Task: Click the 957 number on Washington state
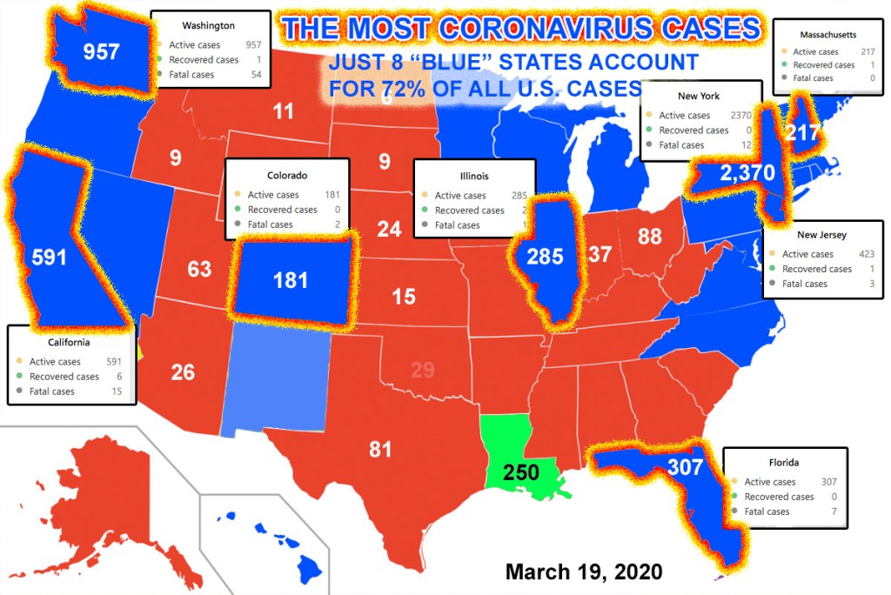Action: tap(101, 52)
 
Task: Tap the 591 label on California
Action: tap(49, 258)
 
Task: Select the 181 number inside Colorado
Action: tap(290, 280)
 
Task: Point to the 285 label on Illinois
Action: tap(546, 257)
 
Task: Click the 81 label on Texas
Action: tap(380, 450)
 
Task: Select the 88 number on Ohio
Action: tap(649, 236)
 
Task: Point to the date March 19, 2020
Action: tap(584, 572)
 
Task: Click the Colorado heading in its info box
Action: tap(287, 174)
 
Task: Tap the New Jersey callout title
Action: tap(821, 235)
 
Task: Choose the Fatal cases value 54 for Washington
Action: tap(255, 76)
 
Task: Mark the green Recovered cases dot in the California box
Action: tap(20, 377)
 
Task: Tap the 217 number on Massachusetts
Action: tap(801, 134)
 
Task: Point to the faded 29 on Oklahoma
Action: tap(422, 370)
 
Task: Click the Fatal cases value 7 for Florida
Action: tap(834, 511)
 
